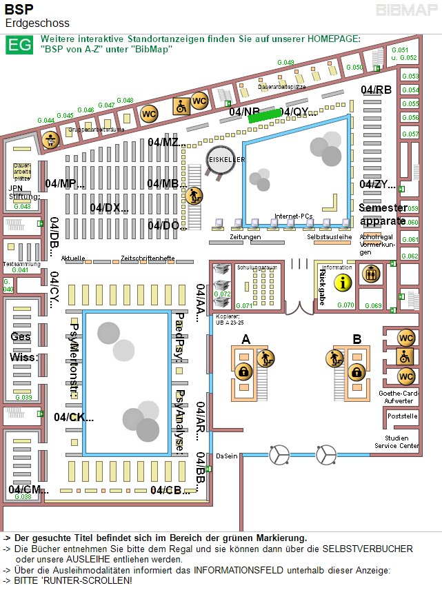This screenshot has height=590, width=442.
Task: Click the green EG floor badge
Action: pos(19,45)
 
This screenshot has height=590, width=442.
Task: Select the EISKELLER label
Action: pos(228,159)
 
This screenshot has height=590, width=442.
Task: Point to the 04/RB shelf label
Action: pos(376,90)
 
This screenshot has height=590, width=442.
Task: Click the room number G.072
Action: pos(222,294)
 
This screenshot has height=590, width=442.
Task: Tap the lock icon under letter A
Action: pos(243,372)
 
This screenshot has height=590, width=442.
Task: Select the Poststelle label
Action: pos(403,416)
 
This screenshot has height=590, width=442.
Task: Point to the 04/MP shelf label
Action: pos(66,183)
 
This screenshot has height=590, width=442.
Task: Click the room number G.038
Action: pos(23,496)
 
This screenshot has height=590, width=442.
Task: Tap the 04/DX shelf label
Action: pos(109,207)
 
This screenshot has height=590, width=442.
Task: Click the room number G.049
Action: pos(285,63)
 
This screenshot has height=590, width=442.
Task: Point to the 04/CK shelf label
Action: pos(74,417)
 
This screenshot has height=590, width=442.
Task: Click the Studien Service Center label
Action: pos(396,442)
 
